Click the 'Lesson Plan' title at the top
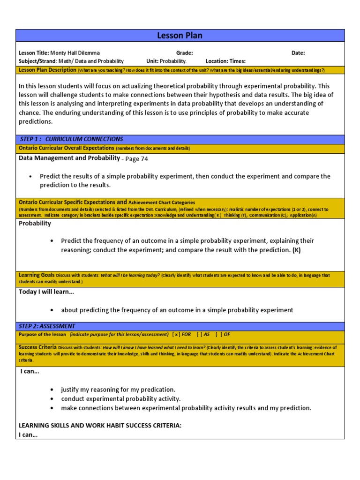[x=180, y=36]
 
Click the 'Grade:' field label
[x=184, y=53]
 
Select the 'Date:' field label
[x=298, y=53]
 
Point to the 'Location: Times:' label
[x=225, y=61]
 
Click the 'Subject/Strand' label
[x=37, y=61]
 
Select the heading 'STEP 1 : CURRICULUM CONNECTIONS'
[x=72, y=139]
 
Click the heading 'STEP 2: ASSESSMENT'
[x=47, y=326]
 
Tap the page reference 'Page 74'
[x=136, y=159]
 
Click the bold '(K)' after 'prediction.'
[x=297, y=250]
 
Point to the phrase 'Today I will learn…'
[x=46, y=292]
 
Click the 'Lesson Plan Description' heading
[x=47, y=70]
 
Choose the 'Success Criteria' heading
[x=38, y=347]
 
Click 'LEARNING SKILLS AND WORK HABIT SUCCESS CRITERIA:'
[x=100, y=425]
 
